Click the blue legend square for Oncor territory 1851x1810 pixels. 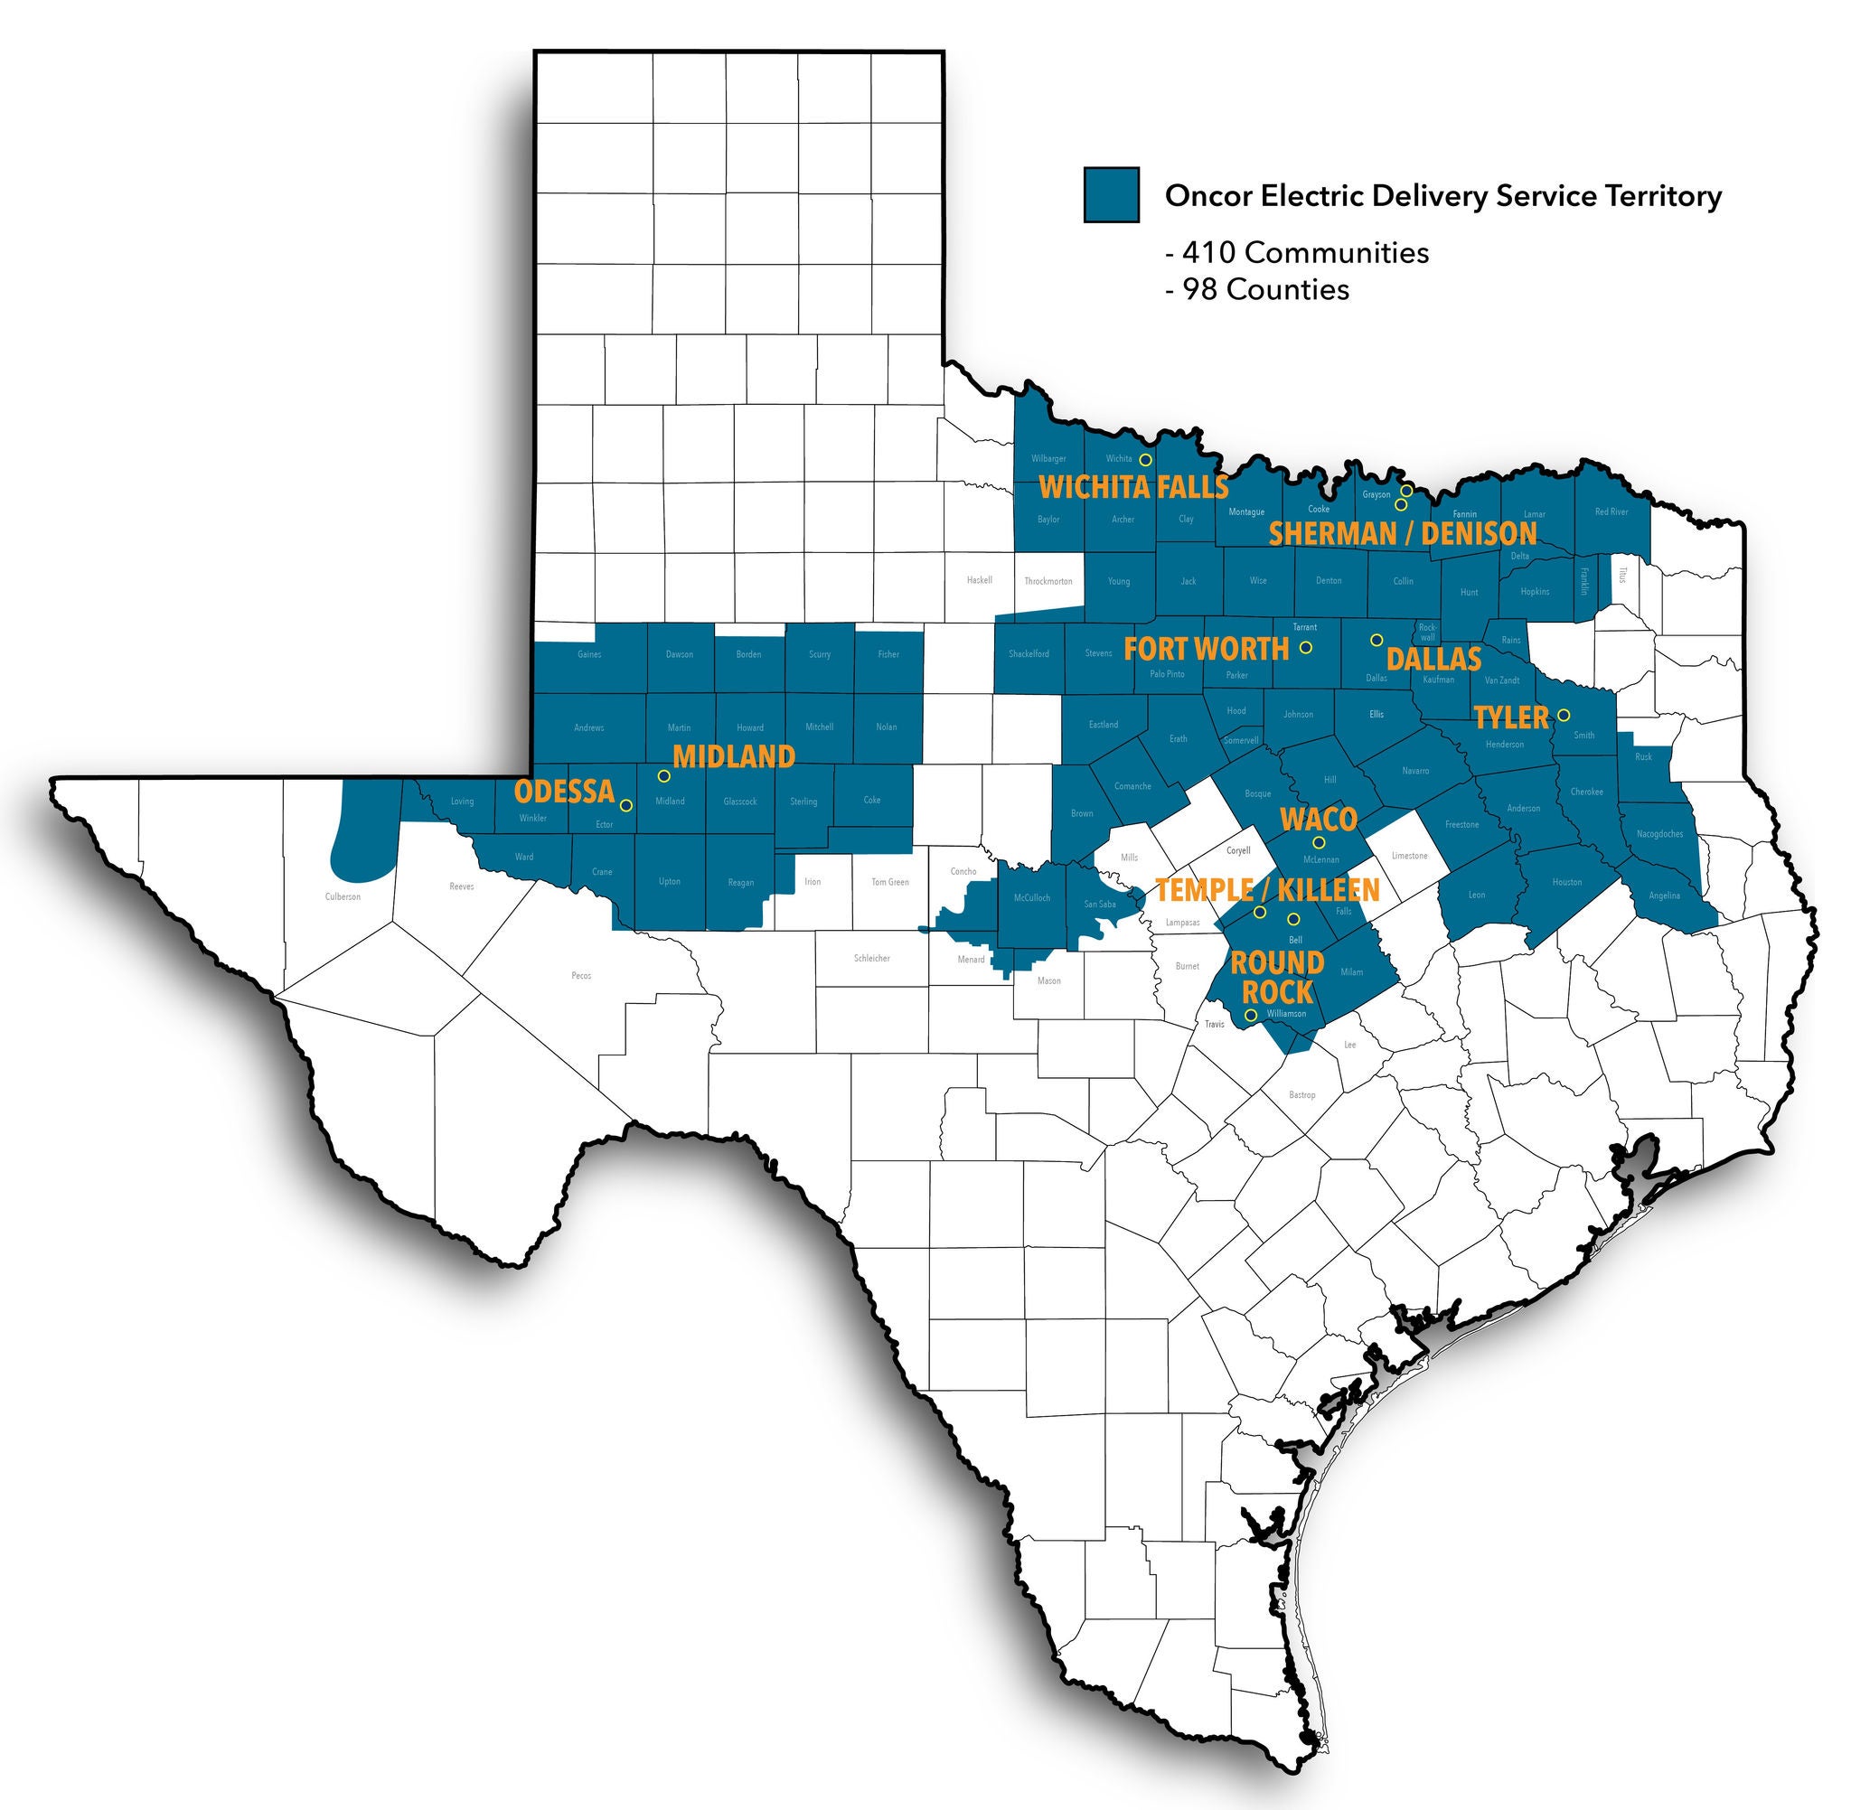1111,195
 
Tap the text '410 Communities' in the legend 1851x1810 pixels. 1303,253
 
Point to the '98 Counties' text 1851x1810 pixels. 1264,289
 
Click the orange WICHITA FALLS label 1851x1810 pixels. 1133,488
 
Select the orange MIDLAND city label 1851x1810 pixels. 733,756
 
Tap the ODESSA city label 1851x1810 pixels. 565,791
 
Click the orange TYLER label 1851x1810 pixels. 1510,717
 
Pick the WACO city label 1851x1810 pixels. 1318,820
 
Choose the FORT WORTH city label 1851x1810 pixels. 1206,650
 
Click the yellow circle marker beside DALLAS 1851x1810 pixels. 1376,640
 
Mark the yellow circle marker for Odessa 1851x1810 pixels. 625,805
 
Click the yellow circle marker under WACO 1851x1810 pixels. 1319,842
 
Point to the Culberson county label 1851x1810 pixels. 343,896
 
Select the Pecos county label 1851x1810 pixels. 581,975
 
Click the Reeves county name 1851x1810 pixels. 461,887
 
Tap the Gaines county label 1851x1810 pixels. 588,654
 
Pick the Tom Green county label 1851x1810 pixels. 890,882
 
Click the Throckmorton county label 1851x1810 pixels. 1048,581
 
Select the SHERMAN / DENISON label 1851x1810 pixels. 1403,533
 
